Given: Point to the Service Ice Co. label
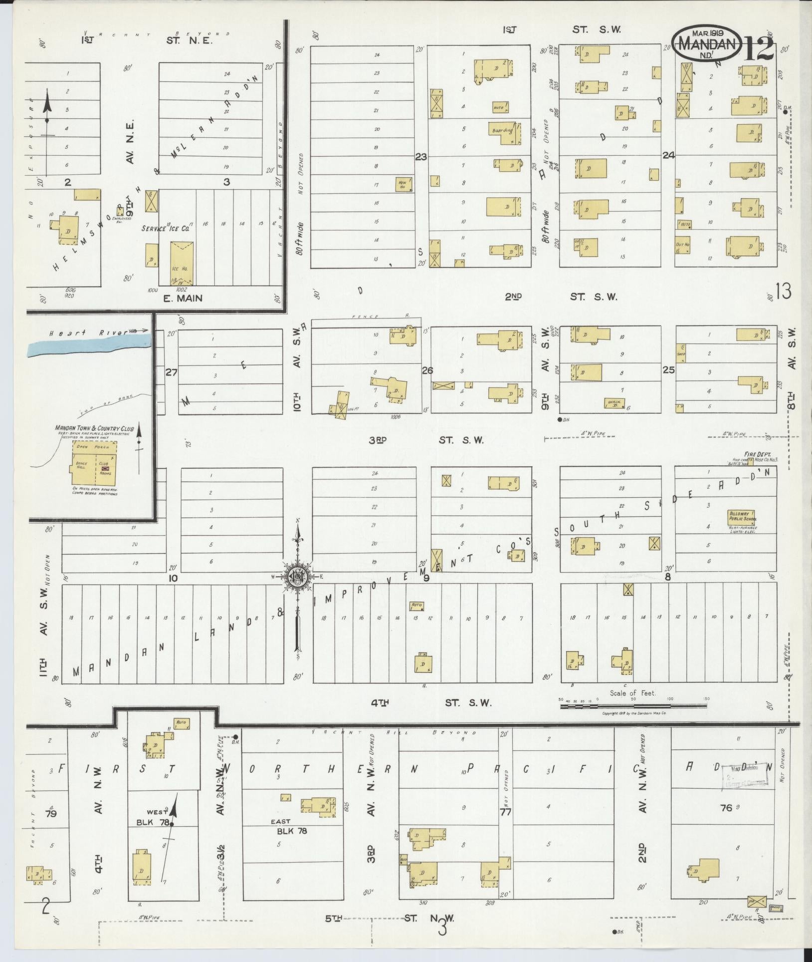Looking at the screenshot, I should point(165,229).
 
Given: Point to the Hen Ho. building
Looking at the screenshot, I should point(403,185).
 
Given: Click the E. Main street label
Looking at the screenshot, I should point(184,299).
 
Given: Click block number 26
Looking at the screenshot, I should point(427,370).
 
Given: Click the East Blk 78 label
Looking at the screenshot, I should point(292,826).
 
